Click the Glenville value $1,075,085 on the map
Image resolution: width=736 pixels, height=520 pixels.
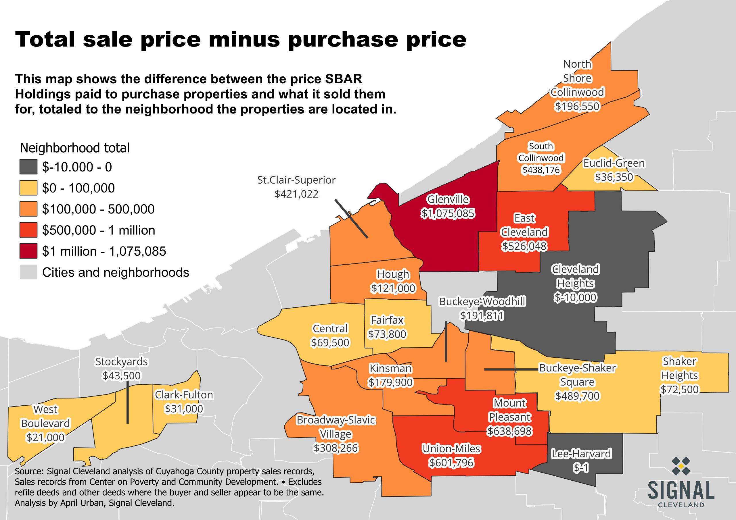448,213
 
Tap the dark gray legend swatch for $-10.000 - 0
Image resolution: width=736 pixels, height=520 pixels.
28,167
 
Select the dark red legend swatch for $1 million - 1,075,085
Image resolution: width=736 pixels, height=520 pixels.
28,251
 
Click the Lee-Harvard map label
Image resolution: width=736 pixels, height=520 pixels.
581,454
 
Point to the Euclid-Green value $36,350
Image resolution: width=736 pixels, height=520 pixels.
614,177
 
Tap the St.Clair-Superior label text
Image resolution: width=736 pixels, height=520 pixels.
296,180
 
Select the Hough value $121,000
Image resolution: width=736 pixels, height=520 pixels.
393,288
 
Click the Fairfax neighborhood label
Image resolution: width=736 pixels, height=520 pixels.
387,320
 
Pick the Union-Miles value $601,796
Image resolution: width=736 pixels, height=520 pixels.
451,462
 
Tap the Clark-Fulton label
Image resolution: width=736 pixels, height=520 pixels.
184,395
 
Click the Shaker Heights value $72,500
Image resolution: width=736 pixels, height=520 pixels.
679,389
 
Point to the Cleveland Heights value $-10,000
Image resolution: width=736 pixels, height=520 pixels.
576,297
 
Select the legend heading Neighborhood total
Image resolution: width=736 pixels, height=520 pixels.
75,148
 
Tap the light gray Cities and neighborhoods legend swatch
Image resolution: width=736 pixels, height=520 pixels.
28,272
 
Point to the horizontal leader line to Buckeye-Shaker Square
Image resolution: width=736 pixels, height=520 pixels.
511,369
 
